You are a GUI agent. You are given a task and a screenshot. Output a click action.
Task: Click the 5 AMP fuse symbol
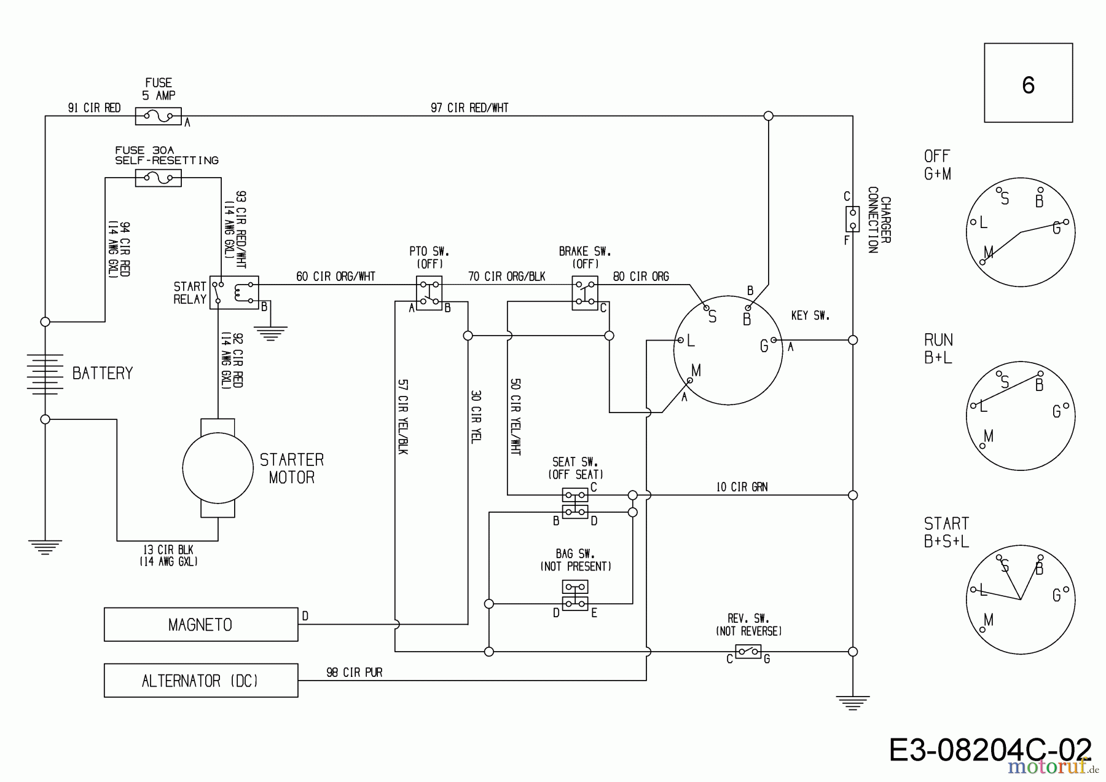(x=158, y=116)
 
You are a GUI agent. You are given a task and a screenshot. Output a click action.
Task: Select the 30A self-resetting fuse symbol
(x=158, y=178)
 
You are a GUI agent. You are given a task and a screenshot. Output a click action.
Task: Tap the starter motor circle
(x=218, y=468)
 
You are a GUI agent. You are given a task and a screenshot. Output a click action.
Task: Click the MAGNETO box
(x=201, y=625)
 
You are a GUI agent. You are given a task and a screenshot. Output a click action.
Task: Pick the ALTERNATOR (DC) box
(x=201, y=681)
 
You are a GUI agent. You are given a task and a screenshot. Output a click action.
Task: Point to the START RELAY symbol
(x=234, y=292)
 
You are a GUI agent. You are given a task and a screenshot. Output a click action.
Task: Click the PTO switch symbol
(x=429, y=293)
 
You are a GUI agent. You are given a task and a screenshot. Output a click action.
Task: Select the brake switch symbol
(x=585, y=293)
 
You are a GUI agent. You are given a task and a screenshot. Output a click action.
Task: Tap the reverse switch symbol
(x=748, y=652)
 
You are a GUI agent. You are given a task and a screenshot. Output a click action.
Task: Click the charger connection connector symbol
(x=852, y=219)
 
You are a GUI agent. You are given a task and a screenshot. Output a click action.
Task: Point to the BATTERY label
(x=103, y=373)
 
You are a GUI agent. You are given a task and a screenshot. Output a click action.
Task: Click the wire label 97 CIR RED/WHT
(x=469, y=108)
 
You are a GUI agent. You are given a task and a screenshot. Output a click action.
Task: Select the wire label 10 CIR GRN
(x=742, y=487)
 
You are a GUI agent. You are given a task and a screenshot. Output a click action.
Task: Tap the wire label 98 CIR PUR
(x=354, y=673)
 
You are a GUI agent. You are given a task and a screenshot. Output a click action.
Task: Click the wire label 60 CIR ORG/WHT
(x=335, y=277)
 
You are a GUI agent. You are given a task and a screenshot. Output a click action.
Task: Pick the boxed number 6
(x=1028, y=83)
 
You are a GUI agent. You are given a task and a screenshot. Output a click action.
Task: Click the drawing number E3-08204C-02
(x=990, y=750)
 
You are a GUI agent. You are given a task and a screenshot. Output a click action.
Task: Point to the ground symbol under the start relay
(x=270, y=333)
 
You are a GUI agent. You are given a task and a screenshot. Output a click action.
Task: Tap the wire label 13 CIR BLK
(x=168, y=550)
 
